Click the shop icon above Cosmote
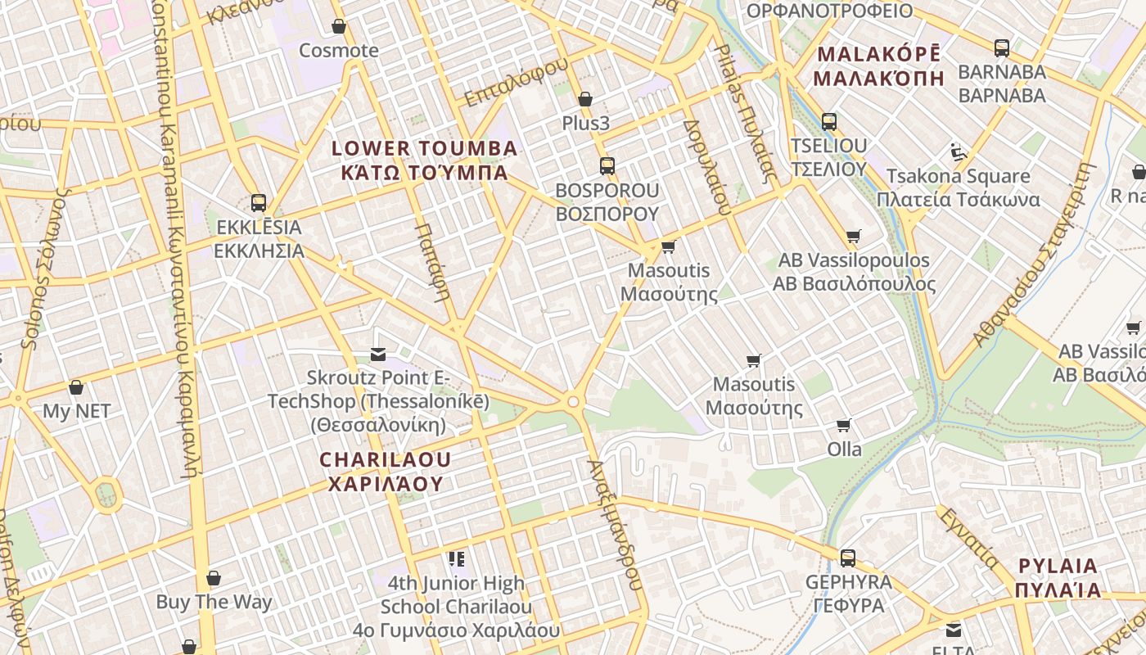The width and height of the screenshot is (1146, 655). pos(339,27)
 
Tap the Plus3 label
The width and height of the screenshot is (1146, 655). pos(585,124)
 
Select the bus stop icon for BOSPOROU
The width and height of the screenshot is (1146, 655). pos(607,166)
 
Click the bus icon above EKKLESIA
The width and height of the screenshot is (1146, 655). pos(259,203)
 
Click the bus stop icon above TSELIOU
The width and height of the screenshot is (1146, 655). pos(829,122)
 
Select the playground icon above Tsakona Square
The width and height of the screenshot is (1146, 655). pos(959,152)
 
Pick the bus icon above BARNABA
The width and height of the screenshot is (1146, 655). pos(1002,48)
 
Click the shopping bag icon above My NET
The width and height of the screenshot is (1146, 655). pos(76,387)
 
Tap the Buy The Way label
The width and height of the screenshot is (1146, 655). pos(214,603)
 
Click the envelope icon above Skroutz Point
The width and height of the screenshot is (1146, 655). pos(378,355)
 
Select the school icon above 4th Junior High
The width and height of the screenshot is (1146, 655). pos(456,559)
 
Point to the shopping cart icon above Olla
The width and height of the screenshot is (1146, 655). pos(844,426)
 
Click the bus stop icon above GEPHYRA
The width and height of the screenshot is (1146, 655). pos(848,558)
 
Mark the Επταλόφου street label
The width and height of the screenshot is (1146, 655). pos(516,83)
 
